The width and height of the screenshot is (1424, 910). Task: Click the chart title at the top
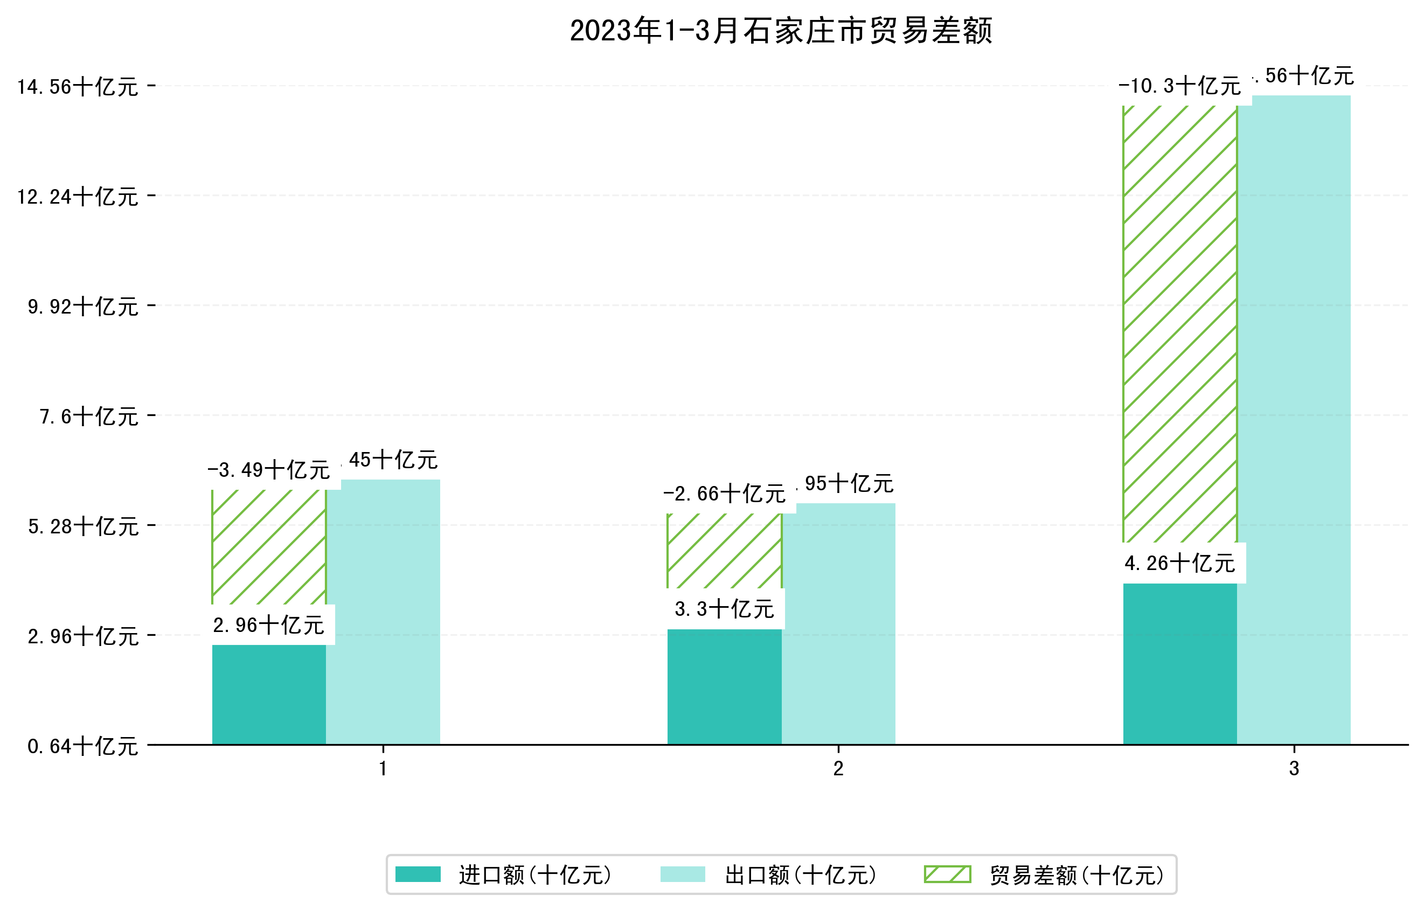point(781,31)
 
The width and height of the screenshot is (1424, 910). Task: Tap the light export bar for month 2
point(838,624)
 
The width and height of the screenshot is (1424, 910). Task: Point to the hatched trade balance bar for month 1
point(268,547)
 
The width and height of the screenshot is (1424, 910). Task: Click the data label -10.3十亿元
point(1179,86)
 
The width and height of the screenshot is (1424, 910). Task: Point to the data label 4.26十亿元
point(1179,564)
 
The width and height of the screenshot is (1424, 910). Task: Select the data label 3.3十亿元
point(724,609)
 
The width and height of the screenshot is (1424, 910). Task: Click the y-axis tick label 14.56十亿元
point(78,87)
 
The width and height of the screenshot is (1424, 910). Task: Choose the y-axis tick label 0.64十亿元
point(83,746)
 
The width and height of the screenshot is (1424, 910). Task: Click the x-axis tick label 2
point(838,769)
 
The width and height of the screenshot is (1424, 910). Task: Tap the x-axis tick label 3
point(1294,769)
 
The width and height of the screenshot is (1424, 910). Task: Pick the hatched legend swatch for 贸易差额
point(947,874)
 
